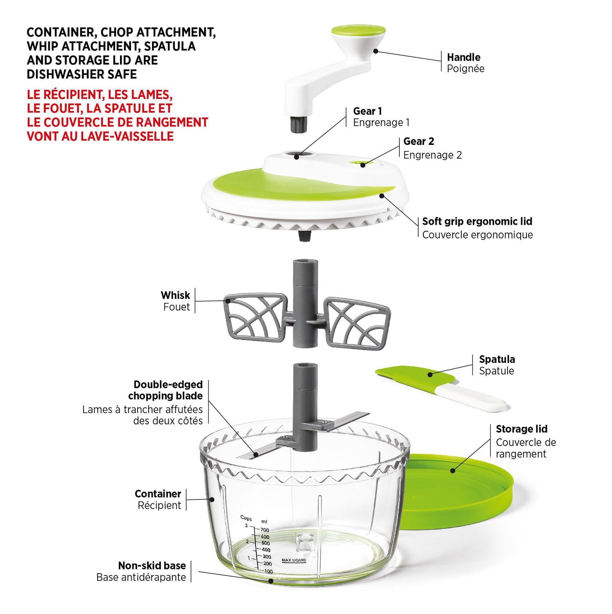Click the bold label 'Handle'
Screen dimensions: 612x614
tap(463, 57)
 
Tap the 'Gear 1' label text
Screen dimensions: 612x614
tap(367, 111)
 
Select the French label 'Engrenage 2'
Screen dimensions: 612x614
tap(433, 155)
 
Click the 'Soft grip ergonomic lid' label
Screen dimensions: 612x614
tap(477, 221)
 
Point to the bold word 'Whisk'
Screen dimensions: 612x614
tap(175, 295)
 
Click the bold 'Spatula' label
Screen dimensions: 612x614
tap(497, 359)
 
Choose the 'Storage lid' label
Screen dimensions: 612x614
tap(521, 429)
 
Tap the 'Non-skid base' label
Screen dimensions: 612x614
tap(152, 566)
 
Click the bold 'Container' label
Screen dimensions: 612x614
tap(158, 494)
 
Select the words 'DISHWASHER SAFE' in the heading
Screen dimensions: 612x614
tap(82, 74)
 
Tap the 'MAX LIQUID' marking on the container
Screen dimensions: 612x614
tap(294, 560)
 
